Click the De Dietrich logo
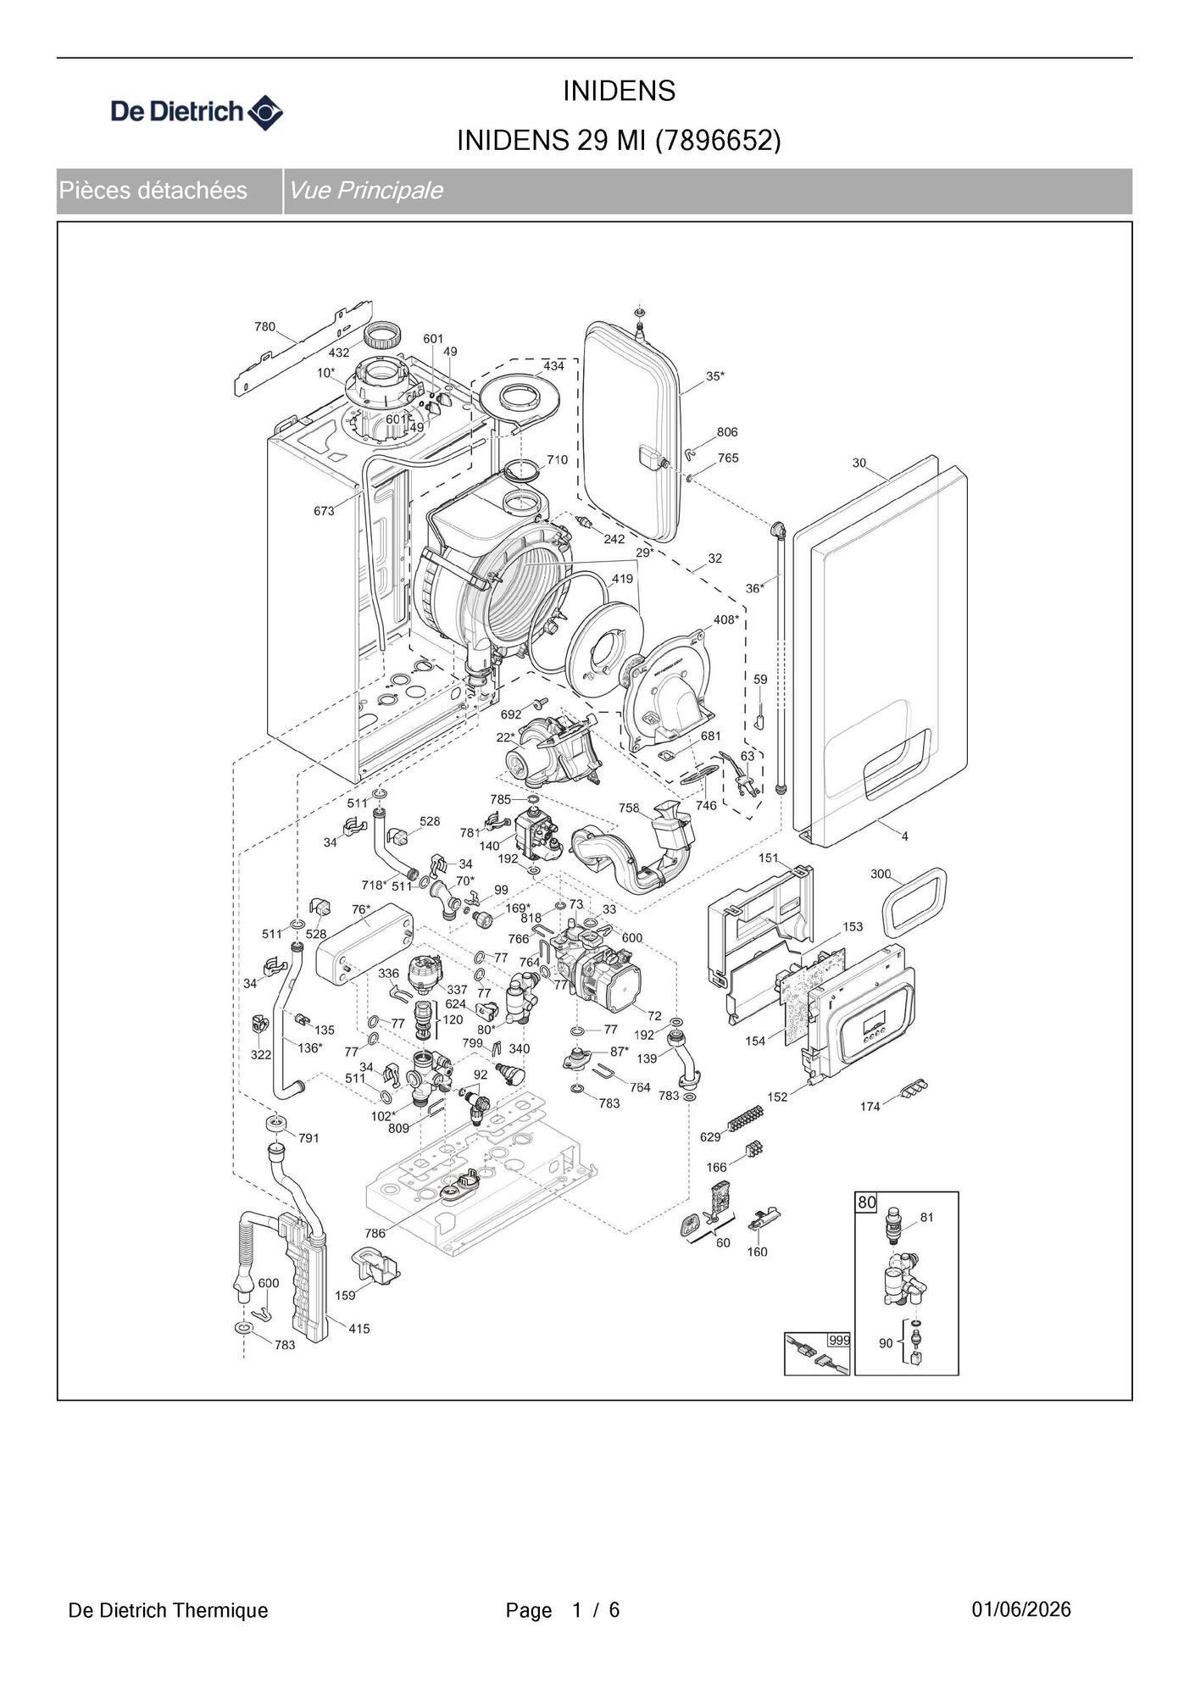point(197,112)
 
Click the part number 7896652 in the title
point(718,140)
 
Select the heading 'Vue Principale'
point(365,190)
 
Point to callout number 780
point(264,326)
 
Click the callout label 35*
point(715,375)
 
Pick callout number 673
point(324,511)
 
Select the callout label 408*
point(726,619)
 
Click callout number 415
point(359,1329)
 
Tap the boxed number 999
point(839,1340)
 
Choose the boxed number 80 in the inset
point(866,1202)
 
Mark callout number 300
point(881,874)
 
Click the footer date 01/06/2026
point(1021,1609)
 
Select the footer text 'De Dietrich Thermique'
point(168,1610)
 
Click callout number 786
point(375,1233)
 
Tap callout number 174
point(870,1106)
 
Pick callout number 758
point(629,808)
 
